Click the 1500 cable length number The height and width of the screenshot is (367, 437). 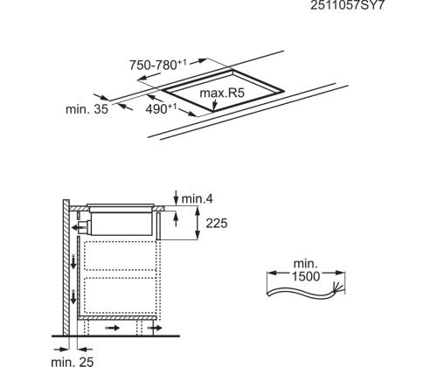[307, 276]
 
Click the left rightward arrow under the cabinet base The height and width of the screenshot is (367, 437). [114, 330]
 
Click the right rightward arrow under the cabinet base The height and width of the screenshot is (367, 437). [156, 330]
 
